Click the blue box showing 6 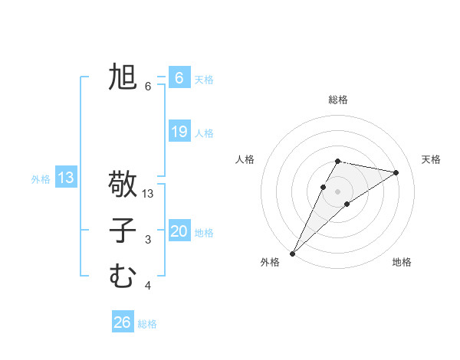click(x=179, y=78)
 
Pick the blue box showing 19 click(x=179, y=132)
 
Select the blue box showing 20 click(x=179, y=231)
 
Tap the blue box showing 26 click(x=123, y=322)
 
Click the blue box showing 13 click(x=66, y=178)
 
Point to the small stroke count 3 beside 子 click(x=148, y=241)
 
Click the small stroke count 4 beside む click(x=148, y=286)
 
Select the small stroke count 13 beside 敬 click(x=149, y=195)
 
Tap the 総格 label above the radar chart click(x=338, y=100)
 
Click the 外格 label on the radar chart click(x=270, y=263)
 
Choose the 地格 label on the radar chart click(x=402, y=263)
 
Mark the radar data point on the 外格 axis click(x=293, y=253)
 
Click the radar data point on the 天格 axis click(x=396, y=172)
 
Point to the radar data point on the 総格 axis click(x=338, y=161)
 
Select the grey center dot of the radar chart click(x=338, y=191)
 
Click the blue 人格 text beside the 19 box click(x=204, y=133)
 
